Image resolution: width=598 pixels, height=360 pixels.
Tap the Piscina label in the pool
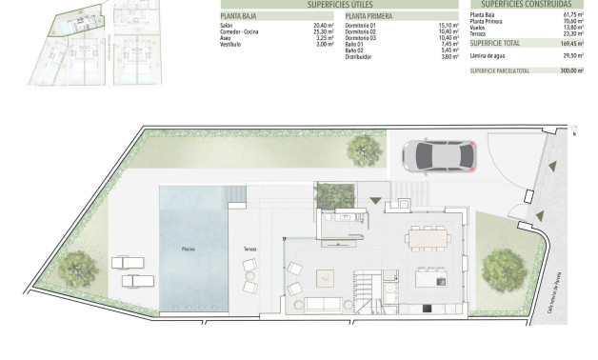[189, 248]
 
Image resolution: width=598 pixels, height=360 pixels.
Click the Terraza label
[249, 249]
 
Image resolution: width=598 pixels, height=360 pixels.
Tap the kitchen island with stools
[431, 277]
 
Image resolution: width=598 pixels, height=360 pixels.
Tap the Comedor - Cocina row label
[239, 31]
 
